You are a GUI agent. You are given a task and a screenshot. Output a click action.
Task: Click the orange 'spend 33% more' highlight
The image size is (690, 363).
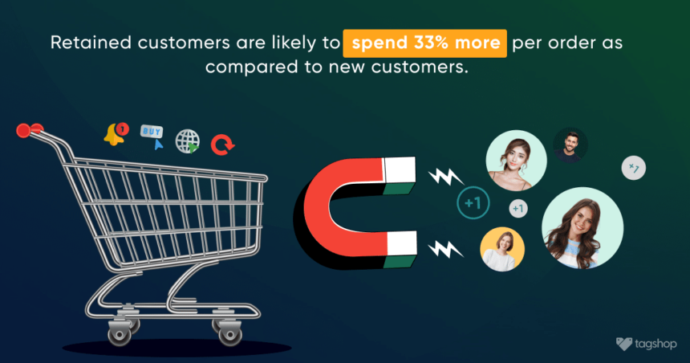424,43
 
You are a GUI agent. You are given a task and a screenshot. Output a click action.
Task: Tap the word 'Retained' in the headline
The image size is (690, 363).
91,43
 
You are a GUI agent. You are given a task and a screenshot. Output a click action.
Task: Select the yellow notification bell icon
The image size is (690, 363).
116,134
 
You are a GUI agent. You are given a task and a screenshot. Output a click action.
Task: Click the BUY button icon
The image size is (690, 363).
152,137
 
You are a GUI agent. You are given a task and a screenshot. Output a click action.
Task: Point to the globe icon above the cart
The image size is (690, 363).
188,141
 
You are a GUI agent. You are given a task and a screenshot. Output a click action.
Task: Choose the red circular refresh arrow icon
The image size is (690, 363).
223,145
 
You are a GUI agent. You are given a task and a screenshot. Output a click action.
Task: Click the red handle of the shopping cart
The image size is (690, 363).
29,130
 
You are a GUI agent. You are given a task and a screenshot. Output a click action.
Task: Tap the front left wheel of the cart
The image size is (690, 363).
120,333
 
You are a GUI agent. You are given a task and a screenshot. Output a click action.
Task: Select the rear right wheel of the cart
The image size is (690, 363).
230,333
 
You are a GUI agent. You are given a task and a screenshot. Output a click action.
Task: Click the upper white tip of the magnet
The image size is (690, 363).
400,169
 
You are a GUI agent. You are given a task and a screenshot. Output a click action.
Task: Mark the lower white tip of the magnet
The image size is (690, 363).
401,243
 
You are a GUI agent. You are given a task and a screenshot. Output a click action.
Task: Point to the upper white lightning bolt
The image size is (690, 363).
446,177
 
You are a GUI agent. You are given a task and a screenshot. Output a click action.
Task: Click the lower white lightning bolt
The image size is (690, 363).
446,249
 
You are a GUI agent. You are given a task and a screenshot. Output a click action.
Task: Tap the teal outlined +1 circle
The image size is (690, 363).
473,203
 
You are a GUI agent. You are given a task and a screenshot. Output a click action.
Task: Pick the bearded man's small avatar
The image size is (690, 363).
570,145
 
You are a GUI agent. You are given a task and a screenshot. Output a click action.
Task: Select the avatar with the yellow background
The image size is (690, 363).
502,249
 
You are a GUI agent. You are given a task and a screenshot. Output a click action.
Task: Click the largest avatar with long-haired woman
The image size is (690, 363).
582,228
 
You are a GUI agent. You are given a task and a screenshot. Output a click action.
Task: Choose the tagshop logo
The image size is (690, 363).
646,344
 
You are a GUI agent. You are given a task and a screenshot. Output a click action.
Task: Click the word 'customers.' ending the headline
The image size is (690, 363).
420,67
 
